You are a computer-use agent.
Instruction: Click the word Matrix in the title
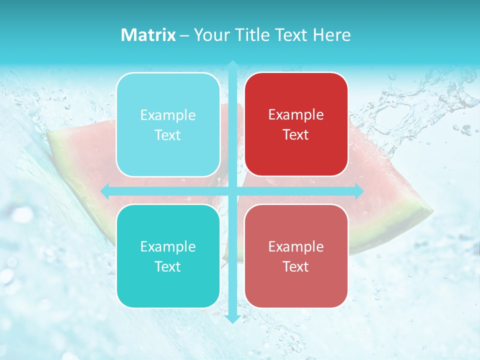coord(148,35)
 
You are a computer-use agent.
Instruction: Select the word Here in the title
coord(331,35)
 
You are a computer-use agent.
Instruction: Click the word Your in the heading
coord(210,35)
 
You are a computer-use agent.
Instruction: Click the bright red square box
coord(296,124)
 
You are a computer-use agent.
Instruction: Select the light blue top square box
coord(168,124)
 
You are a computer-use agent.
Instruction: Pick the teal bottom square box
coord(168,256)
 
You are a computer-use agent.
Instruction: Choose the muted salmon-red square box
coord(296,256)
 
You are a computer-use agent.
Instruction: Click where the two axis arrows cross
coord(232,191)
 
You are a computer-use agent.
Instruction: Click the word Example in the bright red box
coord(296,115)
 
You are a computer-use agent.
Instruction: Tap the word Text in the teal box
coord(168,266)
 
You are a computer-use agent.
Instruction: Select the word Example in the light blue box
coord(168,115)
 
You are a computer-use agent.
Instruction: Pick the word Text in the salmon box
coord(296,266)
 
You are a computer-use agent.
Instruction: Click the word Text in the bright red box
coord(296,135)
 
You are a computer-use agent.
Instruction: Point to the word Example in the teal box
coord(168,246)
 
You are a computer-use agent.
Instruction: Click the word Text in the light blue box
coord(168,135)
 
